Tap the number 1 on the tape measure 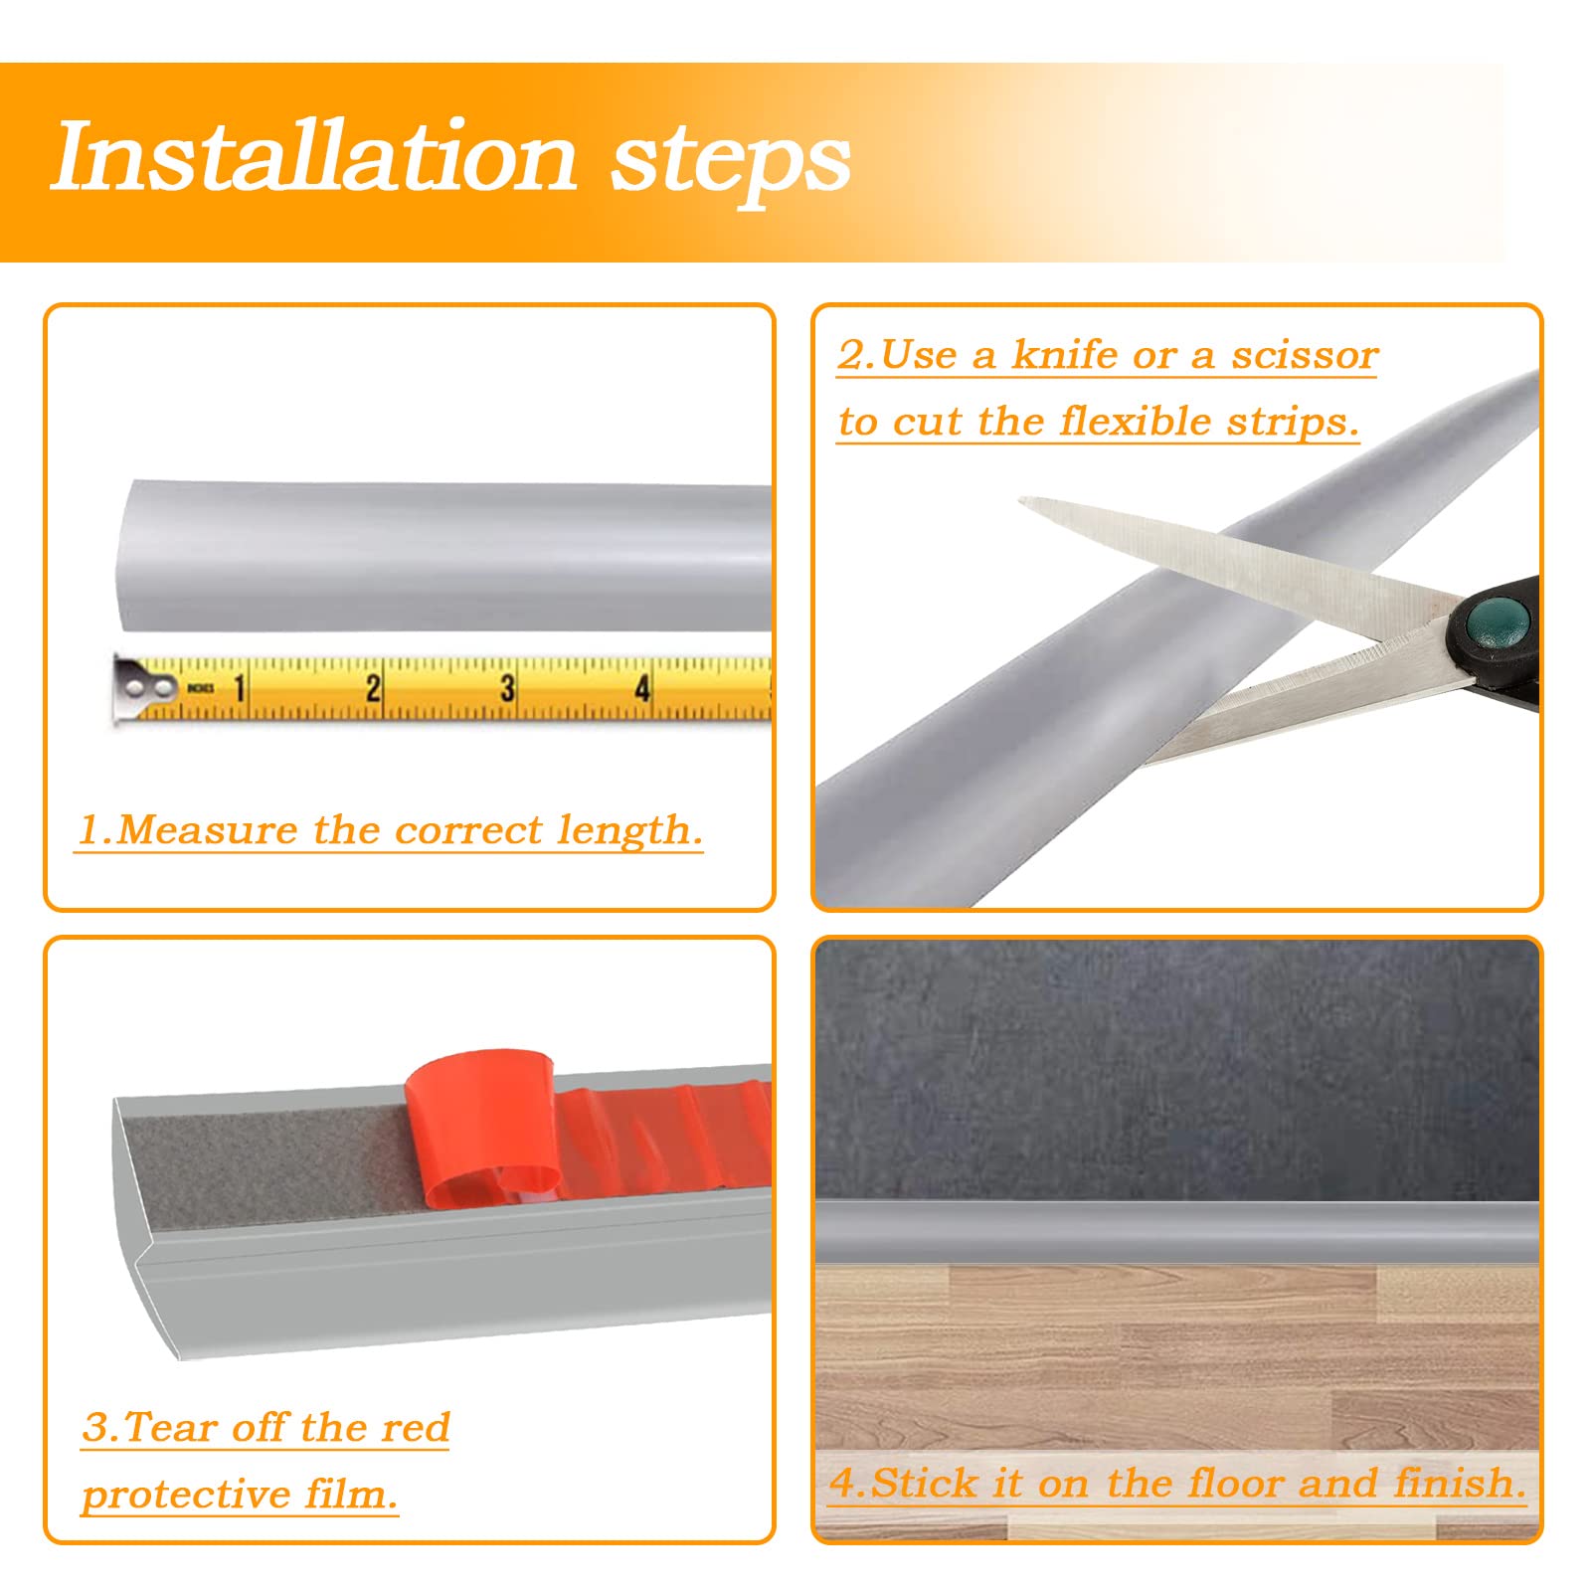coord(239,687)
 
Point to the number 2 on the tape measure coord(373,687)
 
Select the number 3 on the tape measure coord(507,687)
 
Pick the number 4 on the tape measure coord(642,687)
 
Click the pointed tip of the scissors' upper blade coord(1021,500)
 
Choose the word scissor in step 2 coord(1305,355)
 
